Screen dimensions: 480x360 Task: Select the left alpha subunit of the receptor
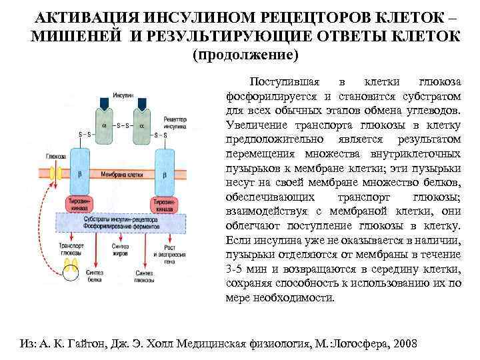pos(105,125)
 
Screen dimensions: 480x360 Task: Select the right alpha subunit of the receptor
pos(141,125)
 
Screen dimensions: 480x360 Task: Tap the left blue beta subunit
pos(81,171)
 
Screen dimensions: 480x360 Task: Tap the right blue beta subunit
pos(164,171)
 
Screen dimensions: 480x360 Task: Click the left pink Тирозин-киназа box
pos(81,204)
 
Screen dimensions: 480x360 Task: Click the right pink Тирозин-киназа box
pos(164,204)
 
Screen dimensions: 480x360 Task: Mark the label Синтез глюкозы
pos(145,276)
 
